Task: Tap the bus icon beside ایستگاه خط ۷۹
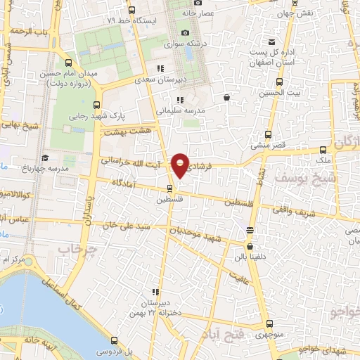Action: click(132, 10)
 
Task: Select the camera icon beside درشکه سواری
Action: click(185, 32)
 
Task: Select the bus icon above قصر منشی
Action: click(268, 135)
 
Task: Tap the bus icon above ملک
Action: click(323, 150)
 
